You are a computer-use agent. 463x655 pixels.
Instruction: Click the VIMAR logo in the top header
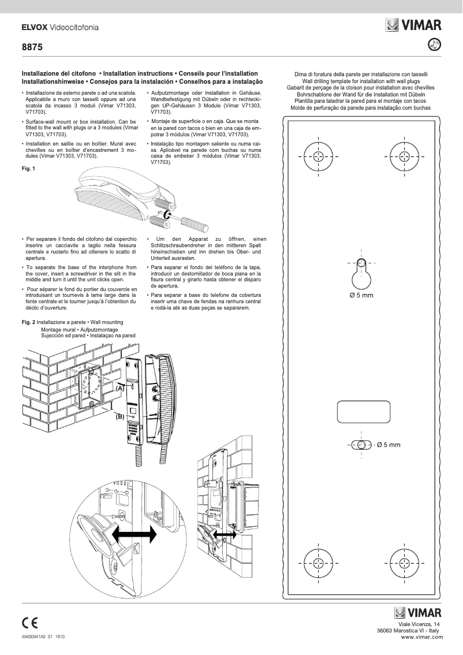[414, 25]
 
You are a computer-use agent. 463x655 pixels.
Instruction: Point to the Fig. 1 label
[28, 169]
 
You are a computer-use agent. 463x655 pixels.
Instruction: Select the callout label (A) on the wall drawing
[120, 389]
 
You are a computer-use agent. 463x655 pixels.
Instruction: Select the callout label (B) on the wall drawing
[120, 416]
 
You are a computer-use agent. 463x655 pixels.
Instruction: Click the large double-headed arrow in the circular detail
[134, 534]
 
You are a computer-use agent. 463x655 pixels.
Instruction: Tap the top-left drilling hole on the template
[316, 156]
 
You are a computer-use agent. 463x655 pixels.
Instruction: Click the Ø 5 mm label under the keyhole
[362, 295]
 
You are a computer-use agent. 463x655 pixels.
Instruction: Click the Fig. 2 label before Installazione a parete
[28, 322]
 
